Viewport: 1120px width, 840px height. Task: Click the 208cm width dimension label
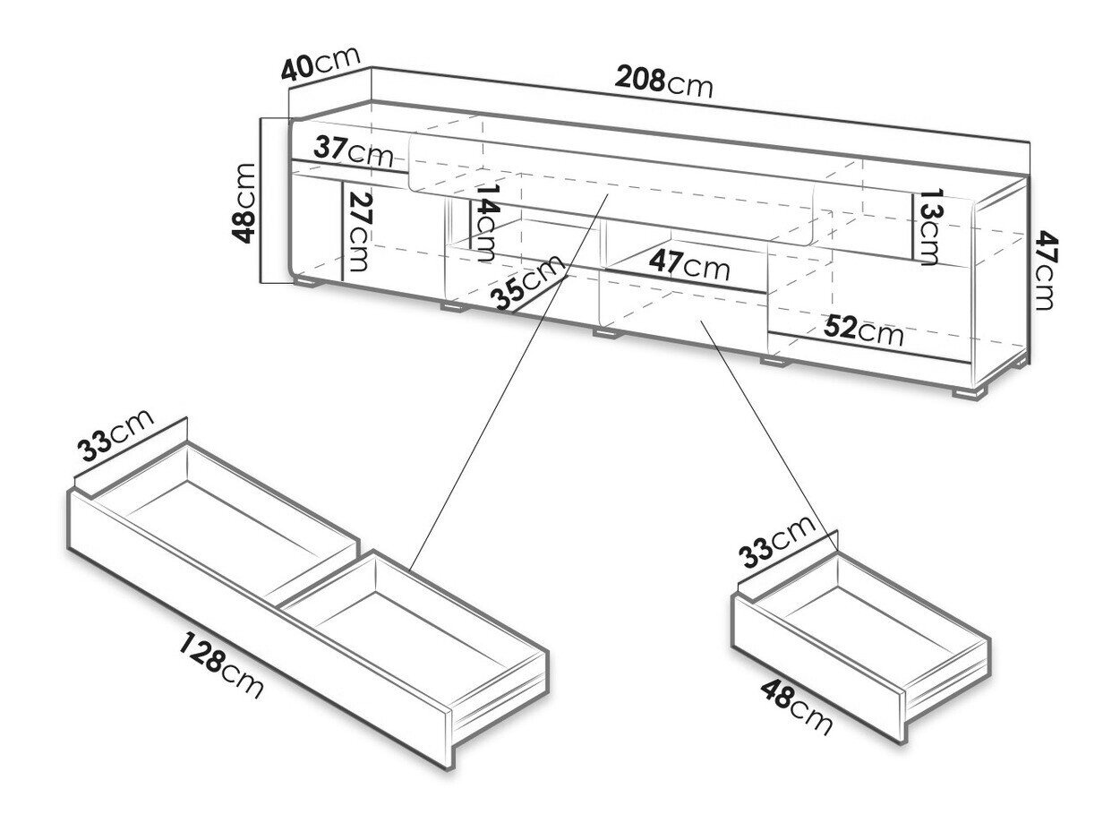point(663,81)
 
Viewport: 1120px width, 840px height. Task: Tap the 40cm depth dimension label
point(321,64)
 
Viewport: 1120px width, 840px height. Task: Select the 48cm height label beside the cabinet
point(243,202)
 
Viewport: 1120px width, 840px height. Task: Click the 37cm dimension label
point(353,151)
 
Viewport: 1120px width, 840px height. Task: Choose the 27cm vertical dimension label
point(359,232)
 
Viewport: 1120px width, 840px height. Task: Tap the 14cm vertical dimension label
point(487,222)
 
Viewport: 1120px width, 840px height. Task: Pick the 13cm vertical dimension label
point(926,227)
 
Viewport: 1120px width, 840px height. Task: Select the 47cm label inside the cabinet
point(689,265)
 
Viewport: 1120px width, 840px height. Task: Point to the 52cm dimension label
point(863,330)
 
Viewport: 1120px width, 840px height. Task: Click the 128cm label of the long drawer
point(221,665)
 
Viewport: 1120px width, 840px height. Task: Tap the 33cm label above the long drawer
point(115,435)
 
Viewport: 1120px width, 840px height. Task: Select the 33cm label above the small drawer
point(776,542)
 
